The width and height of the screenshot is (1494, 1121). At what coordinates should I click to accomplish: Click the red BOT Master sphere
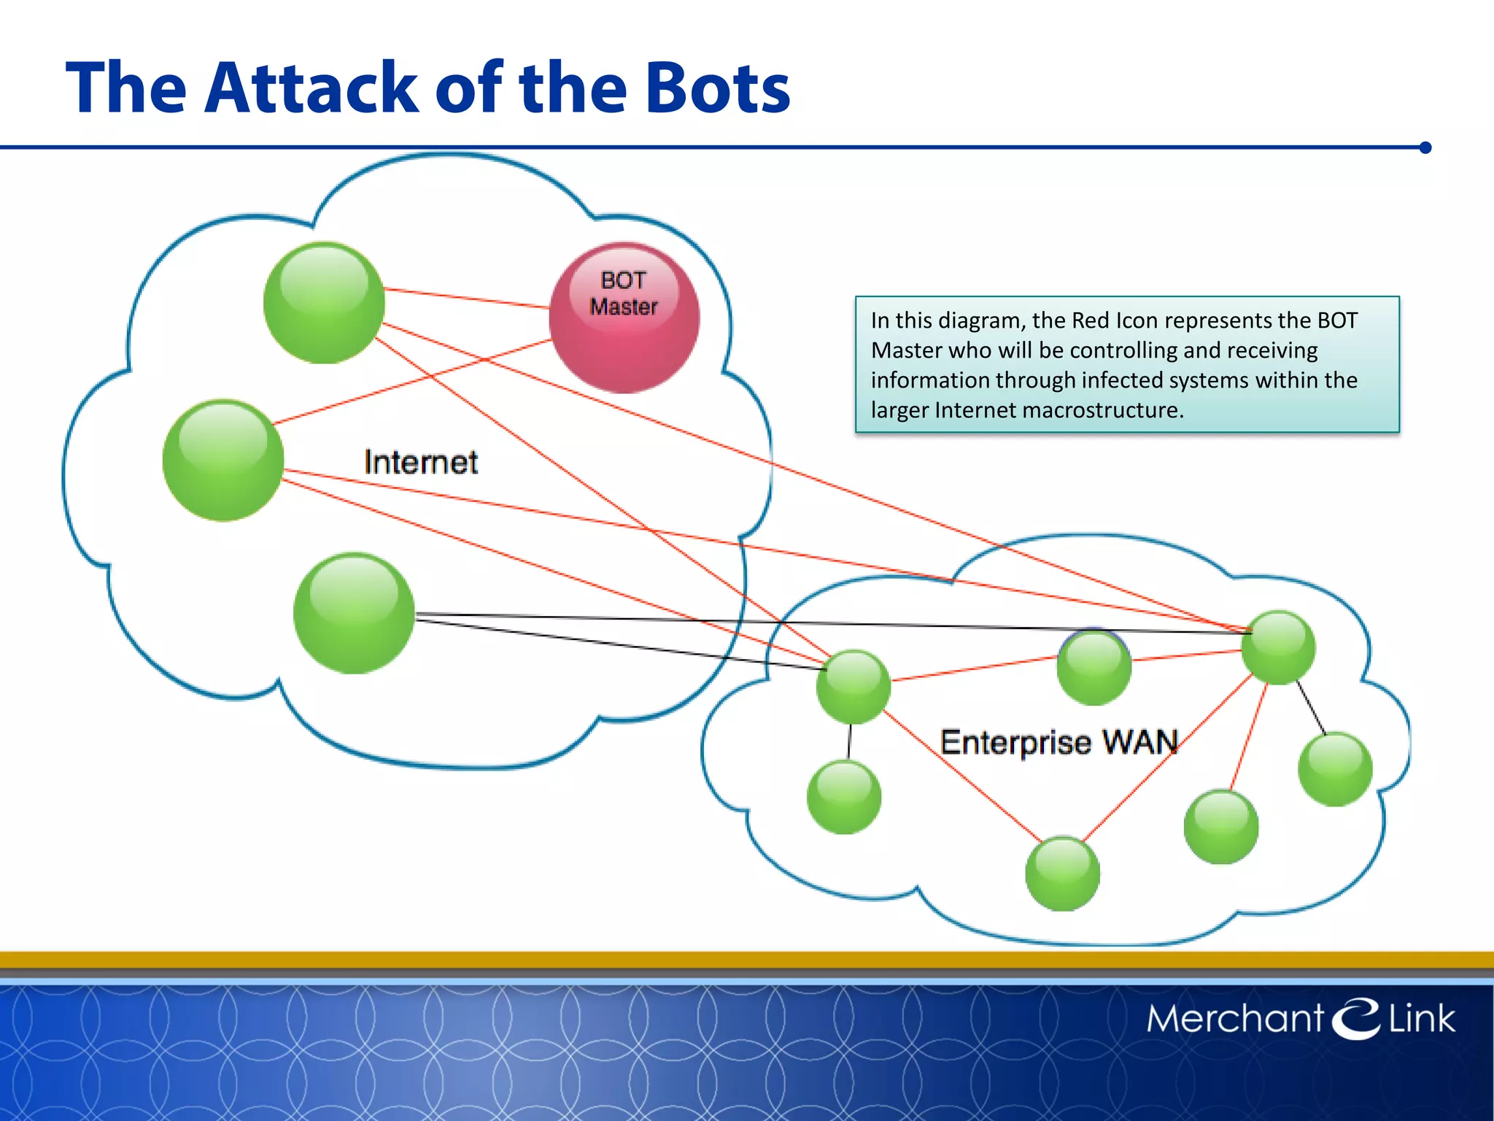pos(624,318)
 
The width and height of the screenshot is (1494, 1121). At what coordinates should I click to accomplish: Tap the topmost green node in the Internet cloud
pos(324,303)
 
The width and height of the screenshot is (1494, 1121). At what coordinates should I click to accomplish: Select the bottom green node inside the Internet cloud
pos(354,613)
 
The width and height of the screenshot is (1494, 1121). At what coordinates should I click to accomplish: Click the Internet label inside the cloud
pos(421,462)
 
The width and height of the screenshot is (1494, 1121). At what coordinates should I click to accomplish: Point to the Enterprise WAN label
pos(1058,742)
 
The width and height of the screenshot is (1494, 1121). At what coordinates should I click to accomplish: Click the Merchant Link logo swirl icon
pos(1356,1017)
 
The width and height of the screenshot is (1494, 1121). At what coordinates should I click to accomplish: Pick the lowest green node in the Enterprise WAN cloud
pos(1062,874)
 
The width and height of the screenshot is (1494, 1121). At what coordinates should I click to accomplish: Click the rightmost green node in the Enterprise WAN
pos(1335,769)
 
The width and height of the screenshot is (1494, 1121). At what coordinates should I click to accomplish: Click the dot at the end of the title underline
pos(1425,147)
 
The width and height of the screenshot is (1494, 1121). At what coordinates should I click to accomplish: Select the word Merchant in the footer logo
pos(1234,1019)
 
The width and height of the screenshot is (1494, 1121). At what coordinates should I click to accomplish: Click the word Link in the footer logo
pos(1421,1019)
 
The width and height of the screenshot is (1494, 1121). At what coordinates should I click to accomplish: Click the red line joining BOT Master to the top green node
pos(467,298)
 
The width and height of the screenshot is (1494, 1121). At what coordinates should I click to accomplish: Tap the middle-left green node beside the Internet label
pos(223,460)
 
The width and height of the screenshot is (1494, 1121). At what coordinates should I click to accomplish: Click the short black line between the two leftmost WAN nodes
pos(849,741)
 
